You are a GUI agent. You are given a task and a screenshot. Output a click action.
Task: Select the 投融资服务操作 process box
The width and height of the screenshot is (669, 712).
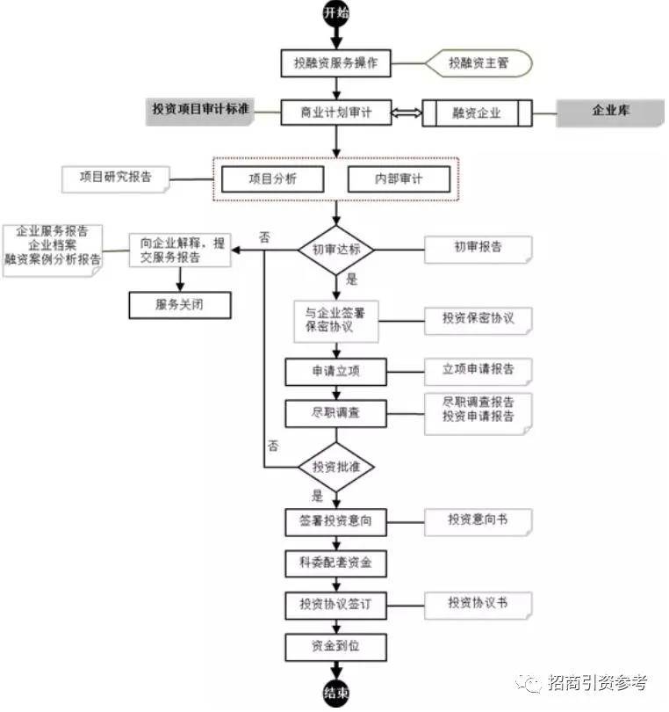[x=335, y=63]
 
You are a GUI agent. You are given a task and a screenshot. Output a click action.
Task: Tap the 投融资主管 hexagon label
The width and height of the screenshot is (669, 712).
[x=478, y=63]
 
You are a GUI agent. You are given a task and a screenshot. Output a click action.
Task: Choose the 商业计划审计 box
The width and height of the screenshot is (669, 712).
[x=335, y=113]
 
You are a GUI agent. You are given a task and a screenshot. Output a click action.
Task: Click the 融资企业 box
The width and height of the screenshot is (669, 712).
[x=477, y=113]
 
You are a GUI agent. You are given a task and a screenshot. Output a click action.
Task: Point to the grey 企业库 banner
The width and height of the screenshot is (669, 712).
[x=609, y=113]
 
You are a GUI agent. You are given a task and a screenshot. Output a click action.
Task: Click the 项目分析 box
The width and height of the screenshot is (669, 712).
[x=272, y=178]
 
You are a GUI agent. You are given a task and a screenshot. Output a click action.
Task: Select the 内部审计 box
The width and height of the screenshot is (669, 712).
[x=399, y=178]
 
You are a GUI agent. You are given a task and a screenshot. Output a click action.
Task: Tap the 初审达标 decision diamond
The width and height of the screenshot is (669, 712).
[x=336, y=250]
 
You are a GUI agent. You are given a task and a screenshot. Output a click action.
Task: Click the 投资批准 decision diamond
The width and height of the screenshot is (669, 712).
[x=336, y=466]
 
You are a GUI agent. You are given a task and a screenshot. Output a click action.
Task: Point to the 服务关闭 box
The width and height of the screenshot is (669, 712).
[x=181, y=304]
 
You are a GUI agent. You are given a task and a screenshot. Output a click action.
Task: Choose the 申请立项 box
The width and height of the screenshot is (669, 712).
[x=335, y=372]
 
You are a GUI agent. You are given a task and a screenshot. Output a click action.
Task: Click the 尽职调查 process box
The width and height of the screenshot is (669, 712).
[x=335, y=413]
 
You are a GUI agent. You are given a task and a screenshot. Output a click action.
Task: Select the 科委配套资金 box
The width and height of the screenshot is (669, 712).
[x=335, y=562]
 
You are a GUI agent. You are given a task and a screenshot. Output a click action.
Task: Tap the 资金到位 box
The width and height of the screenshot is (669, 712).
[x=335, y=647]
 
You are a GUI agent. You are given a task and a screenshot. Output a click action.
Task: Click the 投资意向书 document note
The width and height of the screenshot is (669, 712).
[x=478, y=521]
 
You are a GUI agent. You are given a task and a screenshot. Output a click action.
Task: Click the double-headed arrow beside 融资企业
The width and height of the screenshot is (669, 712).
[x=406, y=113]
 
